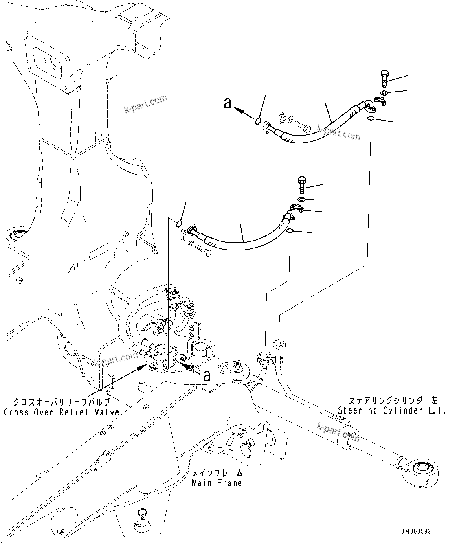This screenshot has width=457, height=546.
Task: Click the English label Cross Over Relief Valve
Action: [61, 412]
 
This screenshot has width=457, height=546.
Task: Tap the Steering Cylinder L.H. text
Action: [392, 410]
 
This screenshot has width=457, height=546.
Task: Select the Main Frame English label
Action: [217, 483]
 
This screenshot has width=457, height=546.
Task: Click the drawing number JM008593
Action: [416, 531]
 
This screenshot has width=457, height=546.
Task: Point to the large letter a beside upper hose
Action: [227, 103]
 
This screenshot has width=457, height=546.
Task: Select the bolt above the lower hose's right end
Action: [301, 184]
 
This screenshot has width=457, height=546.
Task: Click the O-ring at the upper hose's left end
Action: [258, 121]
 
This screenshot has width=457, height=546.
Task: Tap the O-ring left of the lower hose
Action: [179, 224]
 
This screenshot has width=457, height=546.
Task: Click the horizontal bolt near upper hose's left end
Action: [302, 127]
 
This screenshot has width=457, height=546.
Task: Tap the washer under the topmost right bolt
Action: [384, 93]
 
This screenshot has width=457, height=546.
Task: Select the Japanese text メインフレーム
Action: [217, 473]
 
